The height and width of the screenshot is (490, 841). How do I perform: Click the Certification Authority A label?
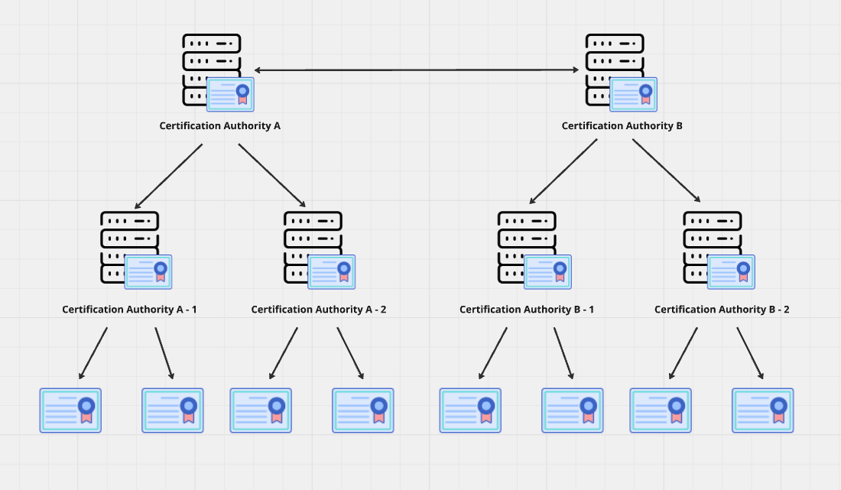[219, 125]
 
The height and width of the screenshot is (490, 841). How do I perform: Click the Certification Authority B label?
[622, 125]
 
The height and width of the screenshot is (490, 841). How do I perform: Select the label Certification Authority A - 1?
[129, 310]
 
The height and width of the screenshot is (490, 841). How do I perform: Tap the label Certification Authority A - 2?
[319, 310]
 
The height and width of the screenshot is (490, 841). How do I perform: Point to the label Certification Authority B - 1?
[527, 310]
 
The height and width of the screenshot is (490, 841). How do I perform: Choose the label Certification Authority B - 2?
[722, 310]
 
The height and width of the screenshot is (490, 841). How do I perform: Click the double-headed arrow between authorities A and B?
[417, 70]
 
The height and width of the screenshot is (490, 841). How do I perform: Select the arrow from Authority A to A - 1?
[169, 176]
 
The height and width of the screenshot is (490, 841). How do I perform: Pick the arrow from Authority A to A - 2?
[271, 175]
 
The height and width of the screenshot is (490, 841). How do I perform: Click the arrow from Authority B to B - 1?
[563, 171]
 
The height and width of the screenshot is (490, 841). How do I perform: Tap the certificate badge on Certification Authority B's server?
[633, 94]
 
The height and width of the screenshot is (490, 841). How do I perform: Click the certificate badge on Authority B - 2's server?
[731, 271]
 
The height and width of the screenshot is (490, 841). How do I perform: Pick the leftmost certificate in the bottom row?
[70, 410]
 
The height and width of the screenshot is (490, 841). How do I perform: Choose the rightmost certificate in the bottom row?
[762, 410]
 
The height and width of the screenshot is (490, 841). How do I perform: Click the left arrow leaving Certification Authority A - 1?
[93, 353]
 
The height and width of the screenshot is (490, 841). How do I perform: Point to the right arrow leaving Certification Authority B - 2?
[750, 353]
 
